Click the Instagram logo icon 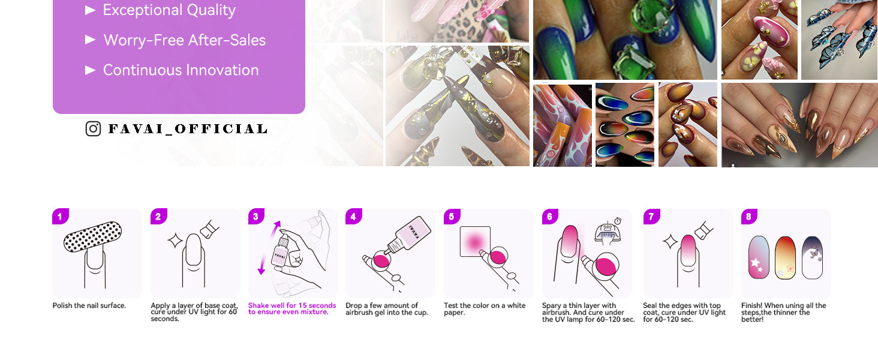(94, 128)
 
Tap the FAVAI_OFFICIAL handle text (188, 128)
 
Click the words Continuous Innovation (181, 70)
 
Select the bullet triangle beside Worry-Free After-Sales (91, 40)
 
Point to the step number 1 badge (61, 217)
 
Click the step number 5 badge (452, 217)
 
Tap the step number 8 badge (749, 217)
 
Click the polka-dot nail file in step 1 (92, 236)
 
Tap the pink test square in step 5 (475, 242)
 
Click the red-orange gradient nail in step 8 (785, 257)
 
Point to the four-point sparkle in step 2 (175, 241)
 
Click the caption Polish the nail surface (89, 305)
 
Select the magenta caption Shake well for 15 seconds (292, 308)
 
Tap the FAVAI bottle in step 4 (408, 235)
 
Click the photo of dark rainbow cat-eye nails (625, 124)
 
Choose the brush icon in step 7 (704, 230)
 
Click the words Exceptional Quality (169, 10)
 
